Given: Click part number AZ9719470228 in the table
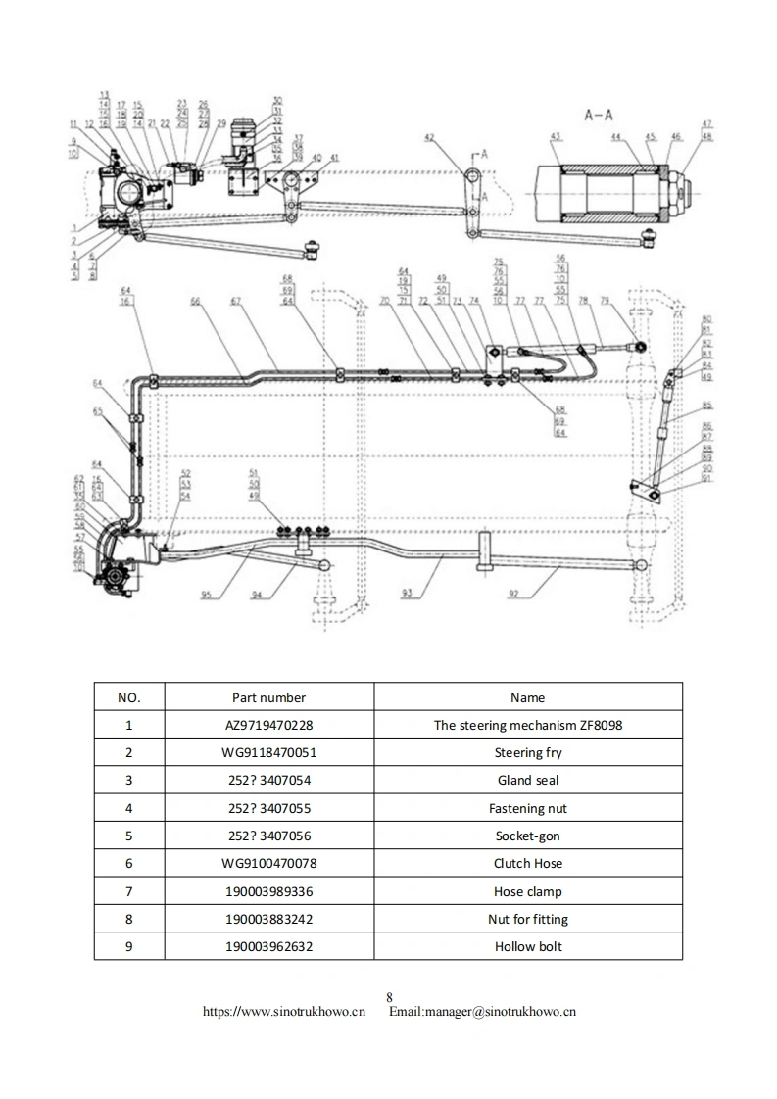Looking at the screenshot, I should pos(268,726).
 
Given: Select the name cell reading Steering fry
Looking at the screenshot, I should pos(527,753).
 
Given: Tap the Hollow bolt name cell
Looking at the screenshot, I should pos(527,946).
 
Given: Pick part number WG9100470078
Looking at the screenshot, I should pos(268,863).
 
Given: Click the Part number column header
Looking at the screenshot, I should pos(268,697).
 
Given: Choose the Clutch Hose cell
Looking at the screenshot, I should pos(527,863).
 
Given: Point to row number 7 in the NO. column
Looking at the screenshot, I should pos(128,891).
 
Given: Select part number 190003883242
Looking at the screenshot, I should pos(268,919).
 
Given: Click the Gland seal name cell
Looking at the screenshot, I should pos(527,781).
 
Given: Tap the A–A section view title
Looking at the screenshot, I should pos(600,115).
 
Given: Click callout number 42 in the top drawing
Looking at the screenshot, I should pos(429,138).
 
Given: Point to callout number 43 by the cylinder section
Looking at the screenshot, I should pos(555,136).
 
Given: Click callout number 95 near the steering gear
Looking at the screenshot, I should pos(206,594).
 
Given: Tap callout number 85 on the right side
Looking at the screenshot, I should pos(706,405).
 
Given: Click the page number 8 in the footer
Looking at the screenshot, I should pos(389,998).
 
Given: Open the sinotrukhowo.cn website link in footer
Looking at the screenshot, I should pos(283,1011).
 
